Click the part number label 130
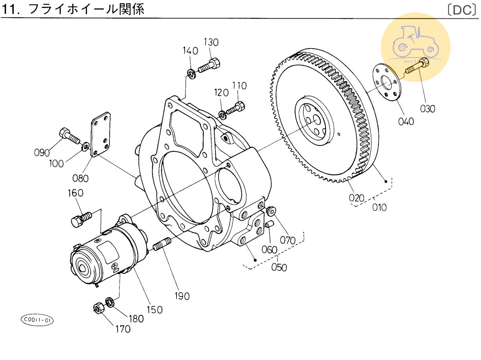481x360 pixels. (211, 42)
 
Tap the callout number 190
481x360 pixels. (182, 296)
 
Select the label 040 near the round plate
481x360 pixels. (406, 121)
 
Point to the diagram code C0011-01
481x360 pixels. (37, 320)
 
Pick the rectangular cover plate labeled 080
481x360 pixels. (101, 134)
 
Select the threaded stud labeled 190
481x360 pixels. (162, 244)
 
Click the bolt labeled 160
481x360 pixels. (81, 218)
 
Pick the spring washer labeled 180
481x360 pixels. (110, 302)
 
